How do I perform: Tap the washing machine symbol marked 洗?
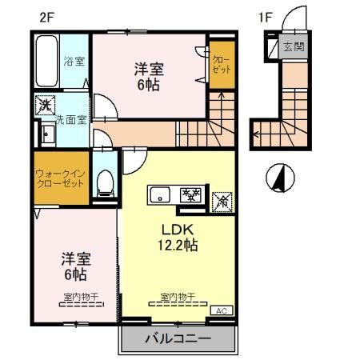click(x=45, y=104)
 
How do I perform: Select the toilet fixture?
click(x=103, y=182)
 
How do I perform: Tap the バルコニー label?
click(x=178, y=338)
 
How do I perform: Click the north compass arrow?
click(x=280, y=178)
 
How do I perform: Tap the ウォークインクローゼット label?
click(x=60, y=178)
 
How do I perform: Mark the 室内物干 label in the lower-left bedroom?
click(x=80, y=297)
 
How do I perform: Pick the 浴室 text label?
click(x=74, y=61)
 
